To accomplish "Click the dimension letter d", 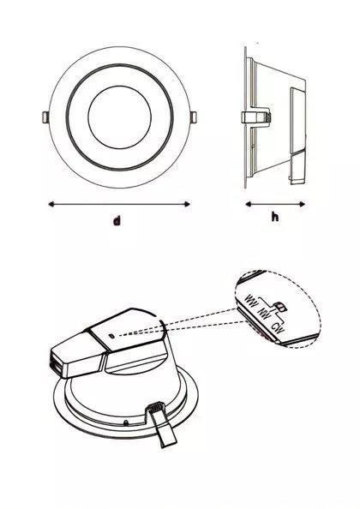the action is coord(117,221).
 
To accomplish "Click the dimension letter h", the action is coord(274,217).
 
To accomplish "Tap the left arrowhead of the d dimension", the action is coord(51,204).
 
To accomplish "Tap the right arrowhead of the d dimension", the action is coord(188,204).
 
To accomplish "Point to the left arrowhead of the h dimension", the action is coord(249,204).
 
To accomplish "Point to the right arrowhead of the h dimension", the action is coord(303,204).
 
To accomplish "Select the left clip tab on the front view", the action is coord(45,117).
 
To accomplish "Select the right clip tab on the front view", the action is coord(194,117).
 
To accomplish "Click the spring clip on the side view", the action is coord(256,117).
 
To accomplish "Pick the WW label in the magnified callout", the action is coord(252,301).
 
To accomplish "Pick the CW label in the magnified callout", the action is coord(279,328).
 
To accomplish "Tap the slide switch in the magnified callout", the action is coord(279,307).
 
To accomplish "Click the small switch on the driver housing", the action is coord(111,336).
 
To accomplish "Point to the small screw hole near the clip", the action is coord(126,422).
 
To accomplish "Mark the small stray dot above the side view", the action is coord(257,43).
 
